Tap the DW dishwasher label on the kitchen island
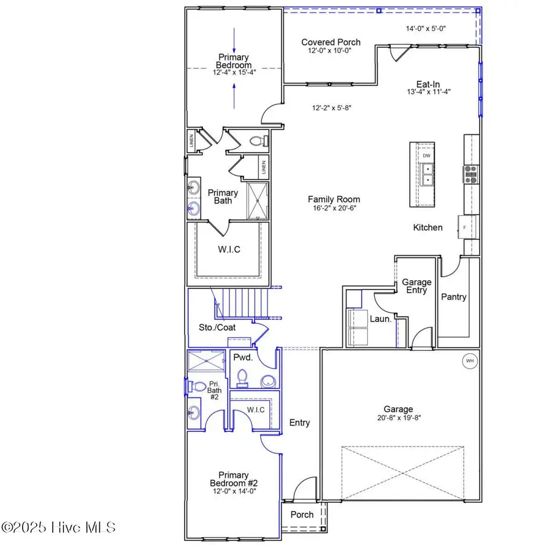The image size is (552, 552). tap(426, 156)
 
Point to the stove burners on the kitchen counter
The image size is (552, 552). tap(471, 175)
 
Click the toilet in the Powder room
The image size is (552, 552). tap(241, 378)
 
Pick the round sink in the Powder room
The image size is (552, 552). tap(267, 381)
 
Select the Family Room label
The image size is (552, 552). tap(334, 199)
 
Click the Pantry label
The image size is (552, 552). tap(454, 297)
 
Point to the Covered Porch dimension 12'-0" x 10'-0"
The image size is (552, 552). tap(331, 52)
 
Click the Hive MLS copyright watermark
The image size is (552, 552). tap(58, 527)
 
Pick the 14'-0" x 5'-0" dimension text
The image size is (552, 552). tap(429, 28)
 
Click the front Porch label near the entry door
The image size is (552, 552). tap(302, 514)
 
